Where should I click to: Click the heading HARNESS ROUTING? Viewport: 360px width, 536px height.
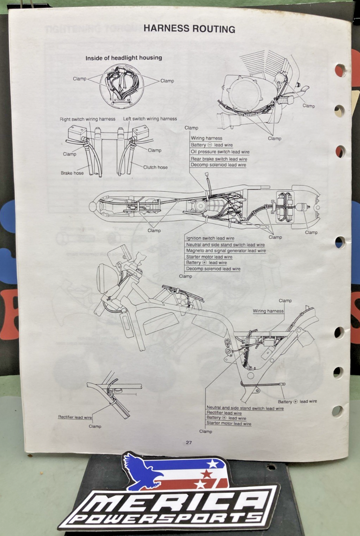coord(189,29)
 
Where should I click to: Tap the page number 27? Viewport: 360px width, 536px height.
coord(189,443)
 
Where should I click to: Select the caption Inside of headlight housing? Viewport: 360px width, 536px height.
coord(124,58)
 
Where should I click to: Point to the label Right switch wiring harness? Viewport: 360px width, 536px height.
coord(88,119)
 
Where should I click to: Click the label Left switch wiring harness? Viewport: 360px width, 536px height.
coord(150,119)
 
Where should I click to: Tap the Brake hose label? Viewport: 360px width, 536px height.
coord(72,172)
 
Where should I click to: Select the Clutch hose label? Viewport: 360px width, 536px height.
coord(155,167)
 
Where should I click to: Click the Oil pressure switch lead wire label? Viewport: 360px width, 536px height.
coord(220,152)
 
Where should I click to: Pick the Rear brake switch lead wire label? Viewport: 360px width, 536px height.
coord(219,159)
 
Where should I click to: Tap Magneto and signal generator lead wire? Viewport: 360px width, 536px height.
coord(226,251)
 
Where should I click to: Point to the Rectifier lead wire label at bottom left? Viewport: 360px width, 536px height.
coord(75,417)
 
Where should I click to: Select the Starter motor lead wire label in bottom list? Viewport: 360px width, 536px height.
coord(229,423)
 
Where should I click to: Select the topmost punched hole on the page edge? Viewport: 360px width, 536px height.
coord(340,70)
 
